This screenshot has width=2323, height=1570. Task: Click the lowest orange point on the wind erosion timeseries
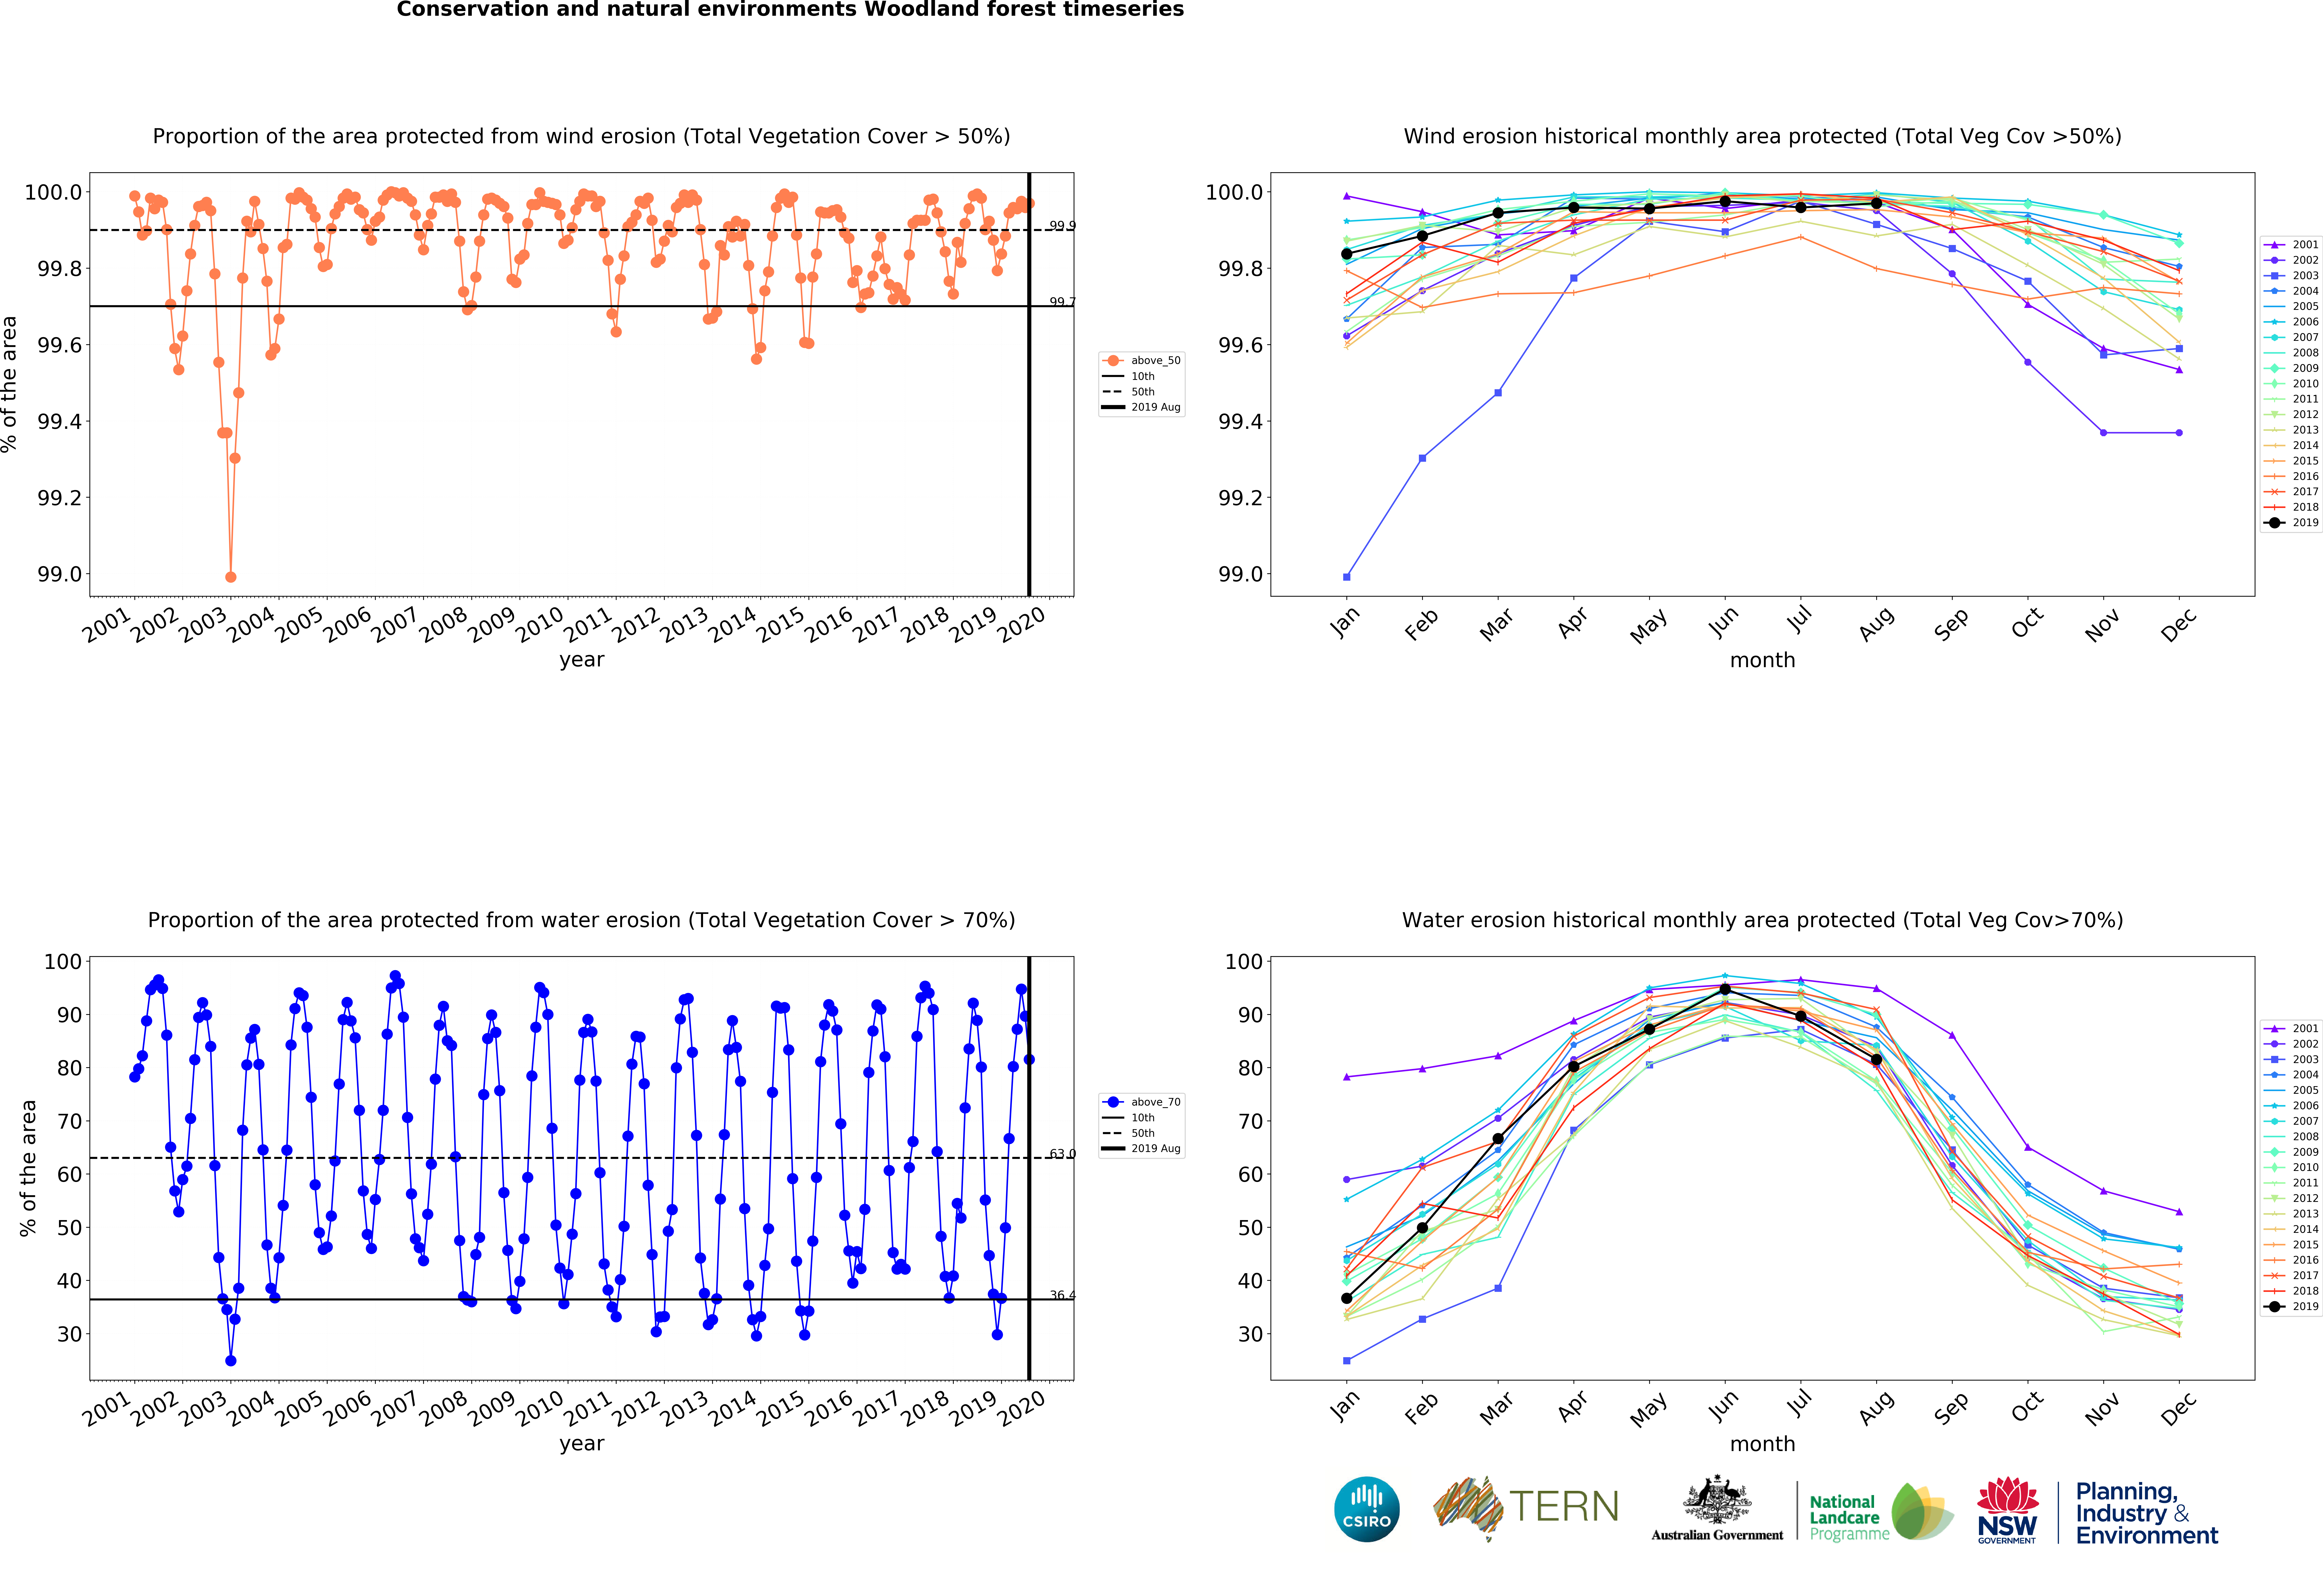pyautogui.click(x=231, y=577)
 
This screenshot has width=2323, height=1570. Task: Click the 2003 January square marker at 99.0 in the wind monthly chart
pyautogui.click(x=1346, y=577)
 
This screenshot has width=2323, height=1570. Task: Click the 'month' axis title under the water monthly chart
pyautogui.click(x=1762, y=1444)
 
